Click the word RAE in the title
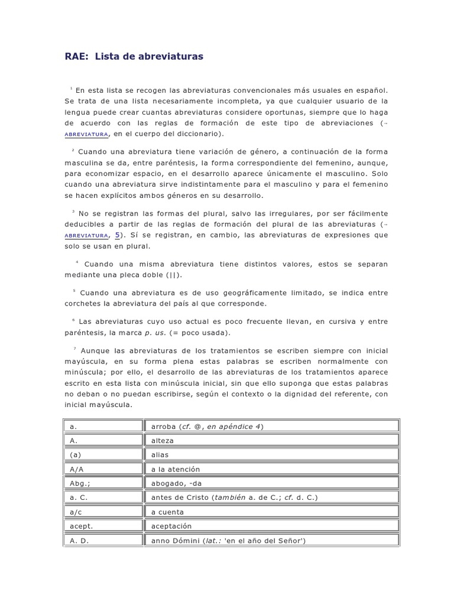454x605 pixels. (x=76, y=56)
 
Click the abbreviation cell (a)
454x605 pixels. (x=103, y=454)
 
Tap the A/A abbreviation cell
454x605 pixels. (x=103, y=469)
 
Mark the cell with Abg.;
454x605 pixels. (x=103, y=483)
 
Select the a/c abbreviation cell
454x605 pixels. (x=103, y=512)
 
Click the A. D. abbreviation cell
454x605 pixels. (x=103, y=541)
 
